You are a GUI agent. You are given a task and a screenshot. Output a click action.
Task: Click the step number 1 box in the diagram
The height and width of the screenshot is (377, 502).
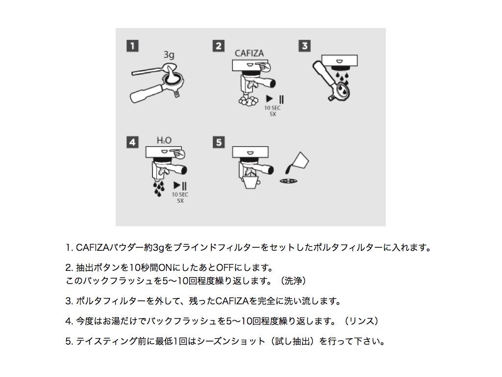coord(132,46)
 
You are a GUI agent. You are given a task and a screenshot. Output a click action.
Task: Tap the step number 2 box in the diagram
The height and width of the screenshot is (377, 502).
coord(219,46)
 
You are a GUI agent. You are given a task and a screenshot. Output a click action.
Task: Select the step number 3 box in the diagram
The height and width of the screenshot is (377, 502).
coord(304,46)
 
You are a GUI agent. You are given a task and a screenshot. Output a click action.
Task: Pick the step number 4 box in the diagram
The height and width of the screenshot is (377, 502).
coord(132,142)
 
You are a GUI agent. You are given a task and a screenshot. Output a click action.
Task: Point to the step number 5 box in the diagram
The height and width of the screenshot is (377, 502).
coord(219,142)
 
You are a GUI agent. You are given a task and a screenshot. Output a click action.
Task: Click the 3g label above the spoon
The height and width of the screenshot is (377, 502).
coord(169,55)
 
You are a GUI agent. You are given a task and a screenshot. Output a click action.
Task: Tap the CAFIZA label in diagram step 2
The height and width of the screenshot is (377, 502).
coord(250,53)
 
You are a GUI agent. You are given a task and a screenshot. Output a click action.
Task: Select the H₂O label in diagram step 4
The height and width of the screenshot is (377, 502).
coord(164,140)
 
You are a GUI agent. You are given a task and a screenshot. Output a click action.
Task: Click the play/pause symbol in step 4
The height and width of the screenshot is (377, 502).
coord(180,186)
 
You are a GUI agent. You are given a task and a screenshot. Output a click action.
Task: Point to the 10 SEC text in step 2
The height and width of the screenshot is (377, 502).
coord(273,108)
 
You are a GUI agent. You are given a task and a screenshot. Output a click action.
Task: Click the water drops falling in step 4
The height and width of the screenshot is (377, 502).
coord(158,188)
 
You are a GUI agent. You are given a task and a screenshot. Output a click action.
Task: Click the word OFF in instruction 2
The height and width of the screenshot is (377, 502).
coord(224,268)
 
